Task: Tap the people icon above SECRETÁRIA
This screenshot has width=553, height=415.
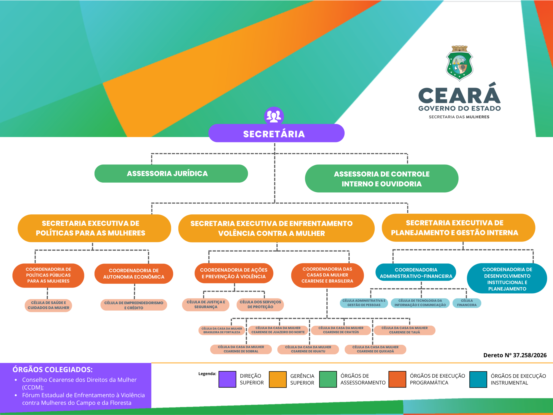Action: (x=274, y=116)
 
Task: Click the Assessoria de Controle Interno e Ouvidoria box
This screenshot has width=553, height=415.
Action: (x=381, y=179)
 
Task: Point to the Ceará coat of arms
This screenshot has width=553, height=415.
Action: (x=459, y=63)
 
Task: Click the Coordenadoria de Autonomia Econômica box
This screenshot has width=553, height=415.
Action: (x=134, y=274)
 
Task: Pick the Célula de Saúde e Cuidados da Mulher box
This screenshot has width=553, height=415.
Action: (x=48, y=305)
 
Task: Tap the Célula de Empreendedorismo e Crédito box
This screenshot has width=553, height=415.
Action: (x=134, y=305)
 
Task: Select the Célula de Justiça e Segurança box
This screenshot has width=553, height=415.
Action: (x=206, y=304)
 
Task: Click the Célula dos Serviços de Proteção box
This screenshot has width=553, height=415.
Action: (x=260, y=304)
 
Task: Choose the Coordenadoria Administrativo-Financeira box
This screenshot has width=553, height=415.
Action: (x=416, y=273)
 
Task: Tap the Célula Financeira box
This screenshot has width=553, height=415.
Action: (x=467, y=303)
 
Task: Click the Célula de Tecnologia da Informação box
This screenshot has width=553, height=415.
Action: (x=420, y=303)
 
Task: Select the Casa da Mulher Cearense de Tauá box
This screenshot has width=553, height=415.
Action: (x=405, y=330)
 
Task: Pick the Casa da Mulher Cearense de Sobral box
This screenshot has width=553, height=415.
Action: (x=241, y=349)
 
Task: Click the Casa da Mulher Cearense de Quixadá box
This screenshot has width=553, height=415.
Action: (x=375, y=349)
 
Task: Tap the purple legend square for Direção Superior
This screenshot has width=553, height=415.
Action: (x=227, y=379)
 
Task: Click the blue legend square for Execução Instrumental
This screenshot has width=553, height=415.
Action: (x=478, y=380)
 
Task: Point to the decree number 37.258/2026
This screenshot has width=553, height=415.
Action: (x=515, y=355)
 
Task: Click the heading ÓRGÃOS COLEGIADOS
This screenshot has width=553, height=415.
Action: (x=52, y=369)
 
